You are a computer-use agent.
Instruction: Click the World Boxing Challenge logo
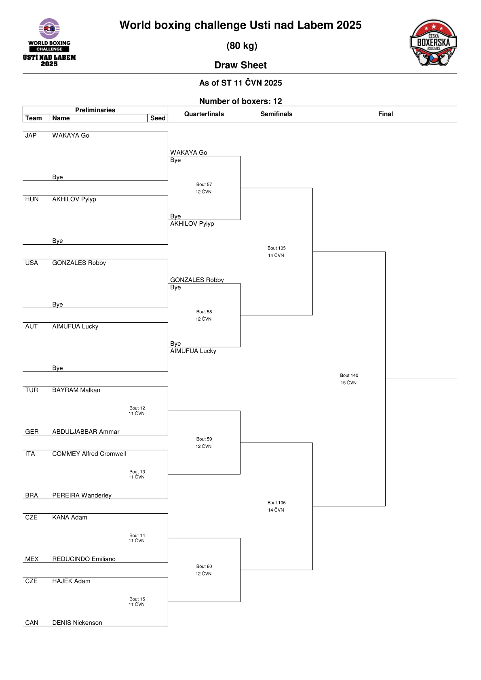coord(49,42)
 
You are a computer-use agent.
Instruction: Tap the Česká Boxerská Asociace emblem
coord(433,43)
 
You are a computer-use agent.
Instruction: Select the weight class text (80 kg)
coord(242,46)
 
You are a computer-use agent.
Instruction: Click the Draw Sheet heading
coord(240,65)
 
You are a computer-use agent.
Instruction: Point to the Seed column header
coord(158,118)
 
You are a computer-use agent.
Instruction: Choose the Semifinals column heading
coord(276,114)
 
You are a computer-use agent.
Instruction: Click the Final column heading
coord(385,114)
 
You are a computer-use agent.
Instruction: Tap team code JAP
coord(31,135)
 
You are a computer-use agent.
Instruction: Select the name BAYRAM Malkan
coord(76,390)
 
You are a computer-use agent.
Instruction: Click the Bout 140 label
coord(349,376)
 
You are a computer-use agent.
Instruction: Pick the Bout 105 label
coord(276,248)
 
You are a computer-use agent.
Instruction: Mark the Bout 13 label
coord(137,472)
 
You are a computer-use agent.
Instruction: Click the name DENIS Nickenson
coord(77,623)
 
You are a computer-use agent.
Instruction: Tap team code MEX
coord(32,559)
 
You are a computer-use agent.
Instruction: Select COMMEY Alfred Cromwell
coord(89,453)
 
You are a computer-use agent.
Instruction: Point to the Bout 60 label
coord(204,567)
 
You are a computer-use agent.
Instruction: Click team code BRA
coord(31,495)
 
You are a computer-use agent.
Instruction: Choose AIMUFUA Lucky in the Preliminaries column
coord(75,326)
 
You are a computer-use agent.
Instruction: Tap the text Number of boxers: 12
coord(240,101)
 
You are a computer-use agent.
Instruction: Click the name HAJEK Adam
coord(71,581)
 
